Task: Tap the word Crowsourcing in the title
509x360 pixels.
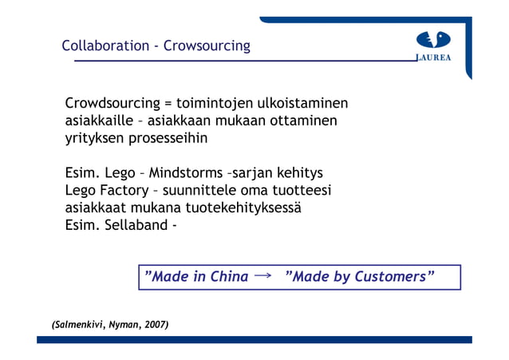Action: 207,45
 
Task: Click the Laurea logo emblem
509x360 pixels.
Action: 433,40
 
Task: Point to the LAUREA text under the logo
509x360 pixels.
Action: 434,57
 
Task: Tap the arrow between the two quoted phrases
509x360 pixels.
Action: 262,276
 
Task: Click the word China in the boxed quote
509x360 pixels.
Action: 227,277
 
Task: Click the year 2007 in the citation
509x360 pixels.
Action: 153,326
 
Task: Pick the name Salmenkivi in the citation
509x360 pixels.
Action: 77,326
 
